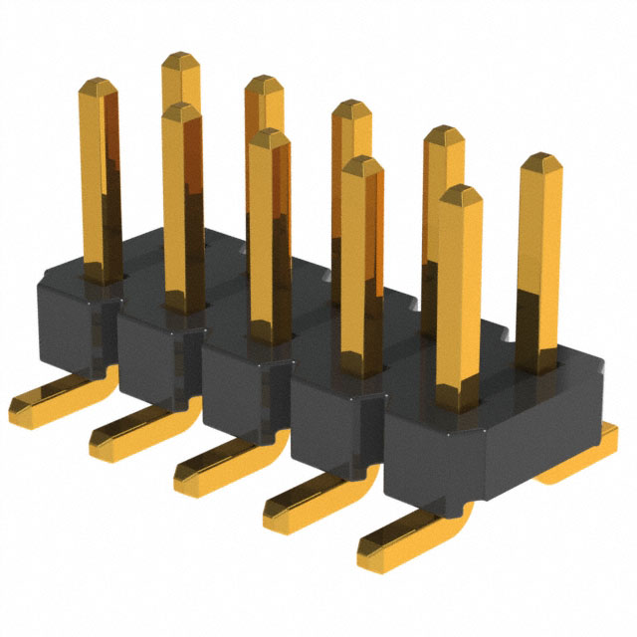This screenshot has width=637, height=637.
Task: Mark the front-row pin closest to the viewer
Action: [x=458, y=299]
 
